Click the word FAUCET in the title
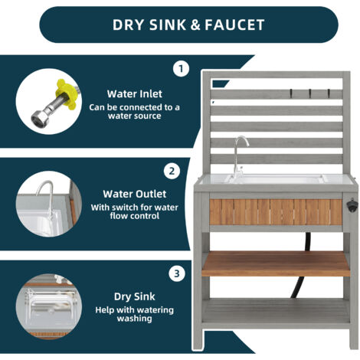point(234,25)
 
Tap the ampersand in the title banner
point(195,25)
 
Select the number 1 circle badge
point(181,69)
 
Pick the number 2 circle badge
point(172,171)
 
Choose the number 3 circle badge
point(177,273)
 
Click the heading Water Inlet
point(135,94)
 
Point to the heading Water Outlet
point(135,194)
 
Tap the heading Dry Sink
point(135,296)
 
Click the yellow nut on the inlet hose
point(65,94)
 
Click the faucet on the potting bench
point(239,155)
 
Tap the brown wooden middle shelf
point(276,263)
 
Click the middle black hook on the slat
point(310,93)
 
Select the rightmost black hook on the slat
point(329,93)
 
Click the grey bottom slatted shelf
point(276,312)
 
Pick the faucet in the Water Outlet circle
point(47,199)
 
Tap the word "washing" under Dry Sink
point(134,319)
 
